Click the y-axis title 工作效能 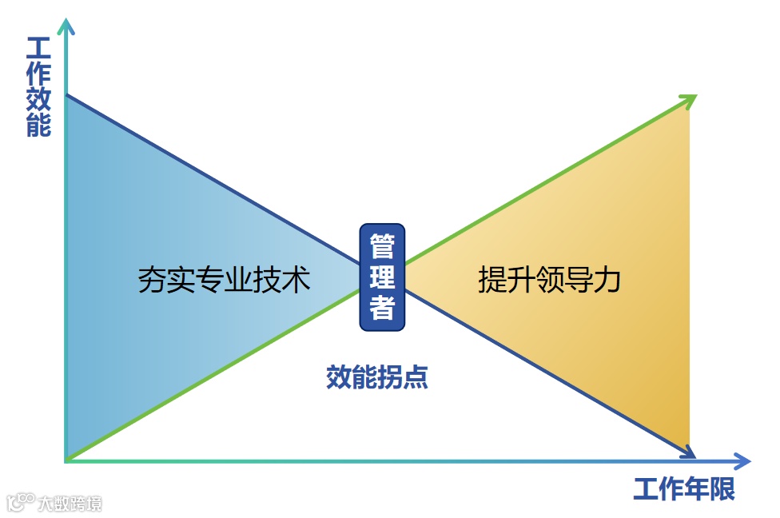[x=38, y=87]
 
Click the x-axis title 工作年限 [x=684, y=488]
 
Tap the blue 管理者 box [x=382, y=277]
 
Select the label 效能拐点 [x=377, y=377]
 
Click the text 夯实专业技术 [x=224, y=280]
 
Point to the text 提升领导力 [x=549, y=280]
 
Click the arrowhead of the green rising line [x=689, y=100]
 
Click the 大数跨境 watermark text [x=70, y=504]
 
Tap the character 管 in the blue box [x=382, y=246]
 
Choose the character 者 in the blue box [x=382, y=308]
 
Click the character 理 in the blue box [x=382, y=277]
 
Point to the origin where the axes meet [x=67, y=461]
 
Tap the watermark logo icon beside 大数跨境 [x=19, y=503]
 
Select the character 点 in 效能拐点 [x=416, y=377]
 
